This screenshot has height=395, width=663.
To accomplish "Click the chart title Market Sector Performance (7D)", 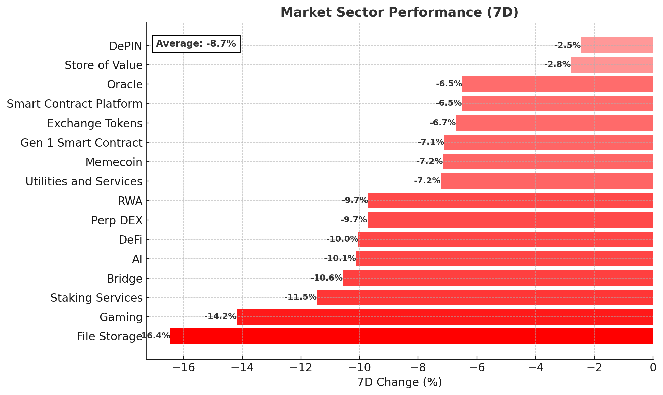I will click(399, 12).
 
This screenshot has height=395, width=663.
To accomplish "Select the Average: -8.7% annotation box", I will click(196, 44).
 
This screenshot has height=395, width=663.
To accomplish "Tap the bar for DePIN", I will click(616, 45).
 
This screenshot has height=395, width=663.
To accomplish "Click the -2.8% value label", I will click(557, 64).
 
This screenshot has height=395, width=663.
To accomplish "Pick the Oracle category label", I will click(125, 85).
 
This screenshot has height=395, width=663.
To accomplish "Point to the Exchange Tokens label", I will click(95, 124).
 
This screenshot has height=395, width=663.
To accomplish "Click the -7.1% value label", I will click(430, 142).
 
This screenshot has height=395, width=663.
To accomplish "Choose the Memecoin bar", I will click(548, 162).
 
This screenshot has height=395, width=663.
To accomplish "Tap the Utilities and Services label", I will click(84, 182).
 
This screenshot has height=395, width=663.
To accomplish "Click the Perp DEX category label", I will click(117, 221).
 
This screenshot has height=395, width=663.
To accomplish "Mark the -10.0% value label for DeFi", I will click(342, 239).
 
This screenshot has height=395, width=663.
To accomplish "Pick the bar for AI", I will click(504, 258).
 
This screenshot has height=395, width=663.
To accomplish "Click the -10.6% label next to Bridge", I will click(326, 278).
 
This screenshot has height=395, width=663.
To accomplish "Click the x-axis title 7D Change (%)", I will click(399, 382).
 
